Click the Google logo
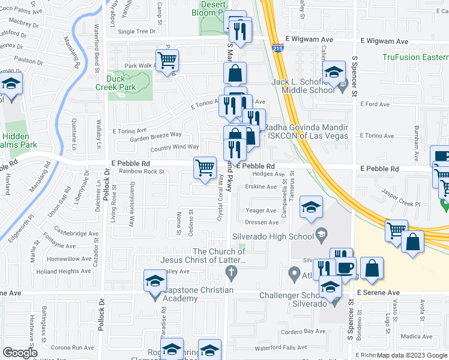[20, 353]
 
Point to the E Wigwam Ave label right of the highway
[384, 41]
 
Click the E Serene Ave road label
[378, 293]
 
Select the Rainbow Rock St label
[142, 172]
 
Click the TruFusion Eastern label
[415, 58]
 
